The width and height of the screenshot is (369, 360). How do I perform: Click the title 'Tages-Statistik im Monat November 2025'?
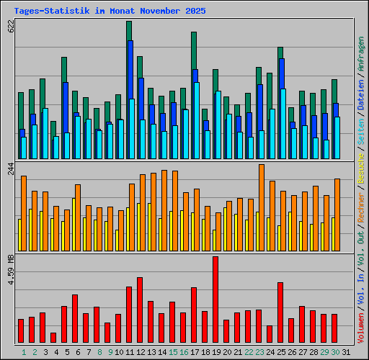tap(110, 12)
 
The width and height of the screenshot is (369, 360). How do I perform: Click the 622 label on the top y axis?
tap(10, 27)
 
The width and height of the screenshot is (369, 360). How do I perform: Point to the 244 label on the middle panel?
tap(10, 169)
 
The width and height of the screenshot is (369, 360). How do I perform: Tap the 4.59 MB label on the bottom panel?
tap(10, 269)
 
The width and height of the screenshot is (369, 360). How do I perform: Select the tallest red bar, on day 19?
tap(215, 300)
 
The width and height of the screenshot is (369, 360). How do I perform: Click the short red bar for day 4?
tap(53, 338)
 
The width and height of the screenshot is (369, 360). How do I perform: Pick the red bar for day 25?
tap(280, 312)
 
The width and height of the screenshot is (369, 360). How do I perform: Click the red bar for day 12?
tap(140, 310)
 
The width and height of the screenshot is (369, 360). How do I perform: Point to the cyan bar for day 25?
tap(283, 124)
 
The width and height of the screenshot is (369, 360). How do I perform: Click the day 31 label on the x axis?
tap(346, 352)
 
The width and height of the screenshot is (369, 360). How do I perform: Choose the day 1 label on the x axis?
tap(24, 352)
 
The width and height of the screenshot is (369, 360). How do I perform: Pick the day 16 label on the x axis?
tap(184, 352)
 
